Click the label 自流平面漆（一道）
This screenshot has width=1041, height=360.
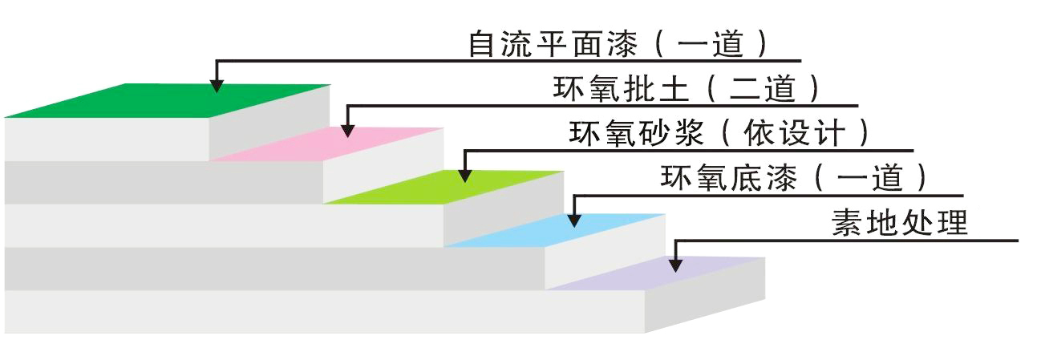(x=618, y=43)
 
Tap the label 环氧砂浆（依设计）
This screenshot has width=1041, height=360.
(x=719, y=132)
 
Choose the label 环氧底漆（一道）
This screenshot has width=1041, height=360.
(x=794, y=177)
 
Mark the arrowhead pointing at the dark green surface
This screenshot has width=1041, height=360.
(x=215, y=85)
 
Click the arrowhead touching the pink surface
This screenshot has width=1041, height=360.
(x=347, y=130)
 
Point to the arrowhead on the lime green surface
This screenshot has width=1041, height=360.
(x=463, y=174)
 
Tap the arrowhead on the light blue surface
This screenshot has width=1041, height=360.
(x=573, y=218)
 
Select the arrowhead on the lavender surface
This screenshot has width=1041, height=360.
(x=676, y=262)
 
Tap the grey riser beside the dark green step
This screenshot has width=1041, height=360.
(x=269, y=120)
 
